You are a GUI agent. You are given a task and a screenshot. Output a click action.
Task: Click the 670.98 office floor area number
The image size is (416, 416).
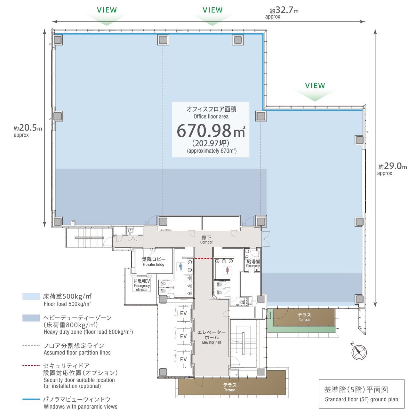click(x=204, y=131)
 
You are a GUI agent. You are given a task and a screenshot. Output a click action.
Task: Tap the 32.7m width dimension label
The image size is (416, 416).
click(x=284, y=10)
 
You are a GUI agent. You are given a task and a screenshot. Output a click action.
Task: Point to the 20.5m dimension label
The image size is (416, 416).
click(x=28, y=128)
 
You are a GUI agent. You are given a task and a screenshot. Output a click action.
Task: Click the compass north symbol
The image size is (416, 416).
click(x=358, y=352)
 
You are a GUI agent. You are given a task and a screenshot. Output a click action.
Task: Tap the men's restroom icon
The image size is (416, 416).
click(x=181, y=267)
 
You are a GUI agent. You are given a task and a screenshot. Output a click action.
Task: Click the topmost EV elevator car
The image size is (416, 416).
click(x=183, y=314)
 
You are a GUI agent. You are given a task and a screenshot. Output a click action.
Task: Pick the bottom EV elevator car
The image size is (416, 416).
click(x=183, y=359)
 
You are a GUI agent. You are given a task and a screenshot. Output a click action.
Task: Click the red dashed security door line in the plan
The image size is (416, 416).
click(x=204, y=258)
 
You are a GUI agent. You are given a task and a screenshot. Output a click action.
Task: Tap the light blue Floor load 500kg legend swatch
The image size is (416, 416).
click(x=31, y=296)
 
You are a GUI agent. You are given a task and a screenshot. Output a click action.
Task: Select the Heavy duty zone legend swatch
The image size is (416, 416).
click(x=31, y=318)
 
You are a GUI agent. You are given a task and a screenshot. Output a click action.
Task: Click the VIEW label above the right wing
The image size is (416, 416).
click(x=315, y=86)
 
